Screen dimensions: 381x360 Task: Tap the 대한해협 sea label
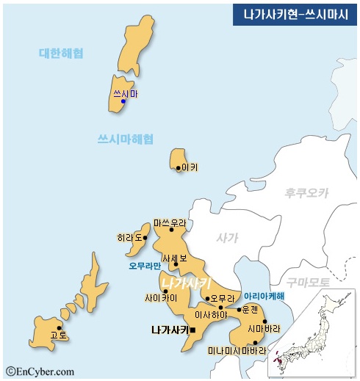point(61,53)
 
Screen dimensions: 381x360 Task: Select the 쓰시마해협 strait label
point(126,139)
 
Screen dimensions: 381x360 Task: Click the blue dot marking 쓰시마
point(123,102)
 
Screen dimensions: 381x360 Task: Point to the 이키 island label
point(190,167)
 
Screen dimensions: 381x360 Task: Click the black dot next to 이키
point(178,168)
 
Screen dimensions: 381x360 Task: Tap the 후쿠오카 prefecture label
point(307,192)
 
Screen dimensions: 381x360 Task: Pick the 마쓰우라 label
point(170,222)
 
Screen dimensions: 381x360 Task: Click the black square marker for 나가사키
point(192,330)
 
